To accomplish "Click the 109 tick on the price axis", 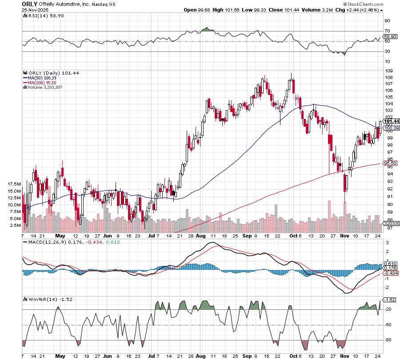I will point(388,71).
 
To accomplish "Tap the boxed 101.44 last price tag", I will point(391,121).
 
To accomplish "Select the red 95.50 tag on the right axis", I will point(390,163).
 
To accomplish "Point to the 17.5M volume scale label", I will point(14,184).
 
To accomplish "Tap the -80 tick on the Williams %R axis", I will point(388,340).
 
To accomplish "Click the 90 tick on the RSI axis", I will point(387,21).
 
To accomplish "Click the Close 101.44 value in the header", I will point(272,9).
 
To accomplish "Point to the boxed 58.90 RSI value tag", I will point(390,37).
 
